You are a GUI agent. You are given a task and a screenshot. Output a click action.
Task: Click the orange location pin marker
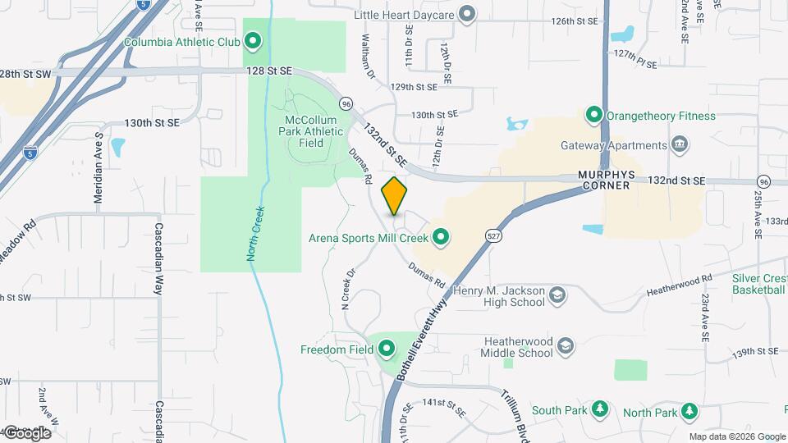395,196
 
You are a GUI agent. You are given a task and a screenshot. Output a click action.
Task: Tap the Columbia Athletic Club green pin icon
253,39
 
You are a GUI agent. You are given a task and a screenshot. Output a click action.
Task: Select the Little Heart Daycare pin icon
467,14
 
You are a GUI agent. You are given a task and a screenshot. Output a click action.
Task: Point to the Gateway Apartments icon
680,145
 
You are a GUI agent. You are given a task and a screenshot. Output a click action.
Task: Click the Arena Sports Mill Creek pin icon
441,238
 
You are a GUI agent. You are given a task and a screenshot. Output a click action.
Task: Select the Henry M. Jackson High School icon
557,295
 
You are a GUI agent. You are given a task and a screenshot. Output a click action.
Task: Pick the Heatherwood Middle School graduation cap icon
565,345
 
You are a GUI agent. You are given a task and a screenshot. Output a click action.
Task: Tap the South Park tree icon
601,409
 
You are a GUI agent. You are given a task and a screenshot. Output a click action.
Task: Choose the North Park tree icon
691,409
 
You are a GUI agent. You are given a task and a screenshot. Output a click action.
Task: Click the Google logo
27,432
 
